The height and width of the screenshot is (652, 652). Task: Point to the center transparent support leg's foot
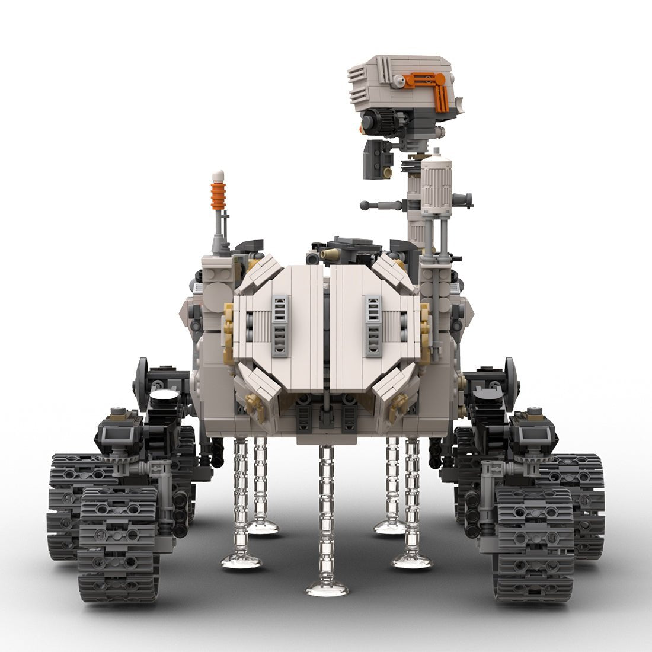pyautogui.click(x=327, y=588)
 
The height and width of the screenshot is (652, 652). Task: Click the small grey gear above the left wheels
pyautogui.click(x=113, y=458)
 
